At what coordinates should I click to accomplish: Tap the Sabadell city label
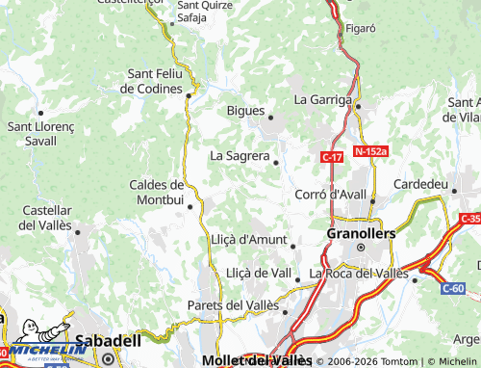click(108, 340)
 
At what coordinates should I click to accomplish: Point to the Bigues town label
click(245, 110)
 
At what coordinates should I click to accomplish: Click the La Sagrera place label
click(239, 155)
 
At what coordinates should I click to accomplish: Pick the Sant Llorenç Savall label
click(34, 133)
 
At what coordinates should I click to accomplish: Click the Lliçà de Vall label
click(258, 274)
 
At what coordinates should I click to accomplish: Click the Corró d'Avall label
click(331, 194)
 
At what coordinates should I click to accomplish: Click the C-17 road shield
click(332, 157)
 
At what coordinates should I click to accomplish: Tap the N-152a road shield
click(370, 151)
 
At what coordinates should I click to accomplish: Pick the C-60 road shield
click(453, 288)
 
